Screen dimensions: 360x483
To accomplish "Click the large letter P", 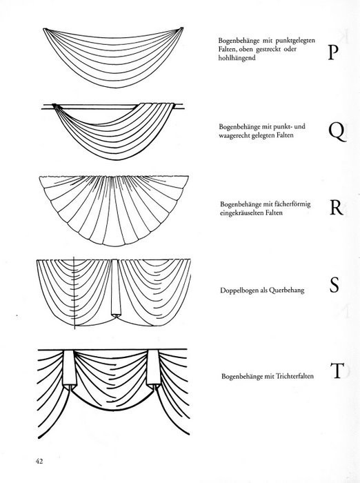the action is point(331,52).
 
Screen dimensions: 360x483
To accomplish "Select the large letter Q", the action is point(337,132).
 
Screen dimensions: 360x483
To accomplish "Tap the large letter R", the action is point(336,208).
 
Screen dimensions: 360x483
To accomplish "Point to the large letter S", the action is point(334,285).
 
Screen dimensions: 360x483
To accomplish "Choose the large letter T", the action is point(337,371).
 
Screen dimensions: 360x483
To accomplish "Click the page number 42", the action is point(39,461).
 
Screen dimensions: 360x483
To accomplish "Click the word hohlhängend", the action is point(237,58).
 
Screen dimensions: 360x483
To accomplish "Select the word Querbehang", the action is point(286,290).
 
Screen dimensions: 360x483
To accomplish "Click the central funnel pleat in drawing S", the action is point(115,288).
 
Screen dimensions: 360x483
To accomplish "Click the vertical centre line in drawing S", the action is point(74,293).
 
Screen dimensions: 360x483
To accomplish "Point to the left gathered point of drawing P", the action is point(45,29).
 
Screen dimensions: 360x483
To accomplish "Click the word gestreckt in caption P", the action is point(268,49).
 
